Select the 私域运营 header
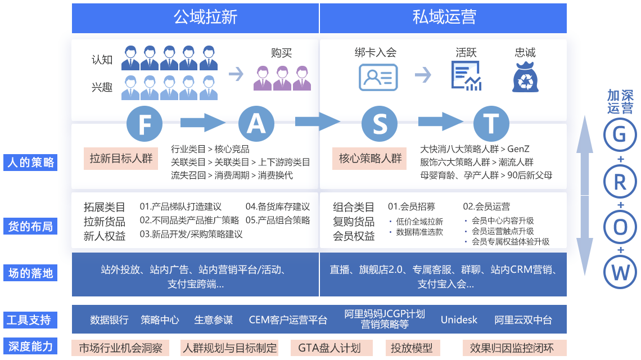click(444, 17)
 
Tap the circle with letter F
click(145, 123)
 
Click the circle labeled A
click(256, 123)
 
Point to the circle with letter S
click(380, 123)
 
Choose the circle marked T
click(491, 123)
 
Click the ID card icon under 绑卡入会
click(378, 77)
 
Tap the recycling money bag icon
click(526, 77)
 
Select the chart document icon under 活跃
click(466, 76)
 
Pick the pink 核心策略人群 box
click(370, 159)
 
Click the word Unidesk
click(459, 320)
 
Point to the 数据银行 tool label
click(109, 320)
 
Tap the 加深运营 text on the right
click(620, 102)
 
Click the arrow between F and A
click(201, 121)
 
